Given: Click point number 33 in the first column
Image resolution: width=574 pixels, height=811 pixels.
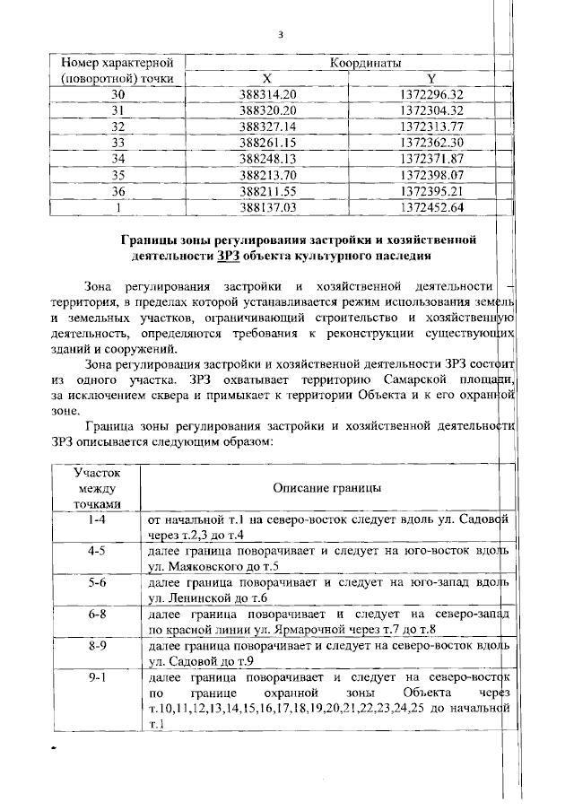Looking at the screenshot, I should pos(117,142).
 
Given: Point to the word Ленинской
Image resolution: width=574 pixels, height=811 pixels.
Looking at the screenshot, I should pos(196,597).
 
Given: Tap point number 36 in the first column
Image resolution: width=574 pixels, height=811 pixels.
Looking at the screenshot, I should pos(117,190).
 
